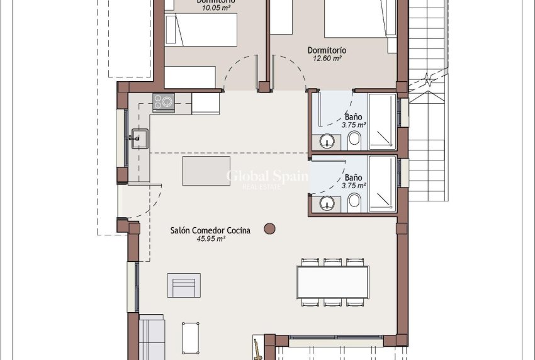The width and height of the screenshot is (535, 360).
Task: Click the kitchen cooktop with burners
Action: click(164, 101)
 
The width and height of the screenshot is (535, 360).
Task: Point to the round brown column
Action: click(270, 229)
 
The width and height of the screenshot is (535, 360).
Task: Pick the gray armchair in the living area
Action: click(184, 285)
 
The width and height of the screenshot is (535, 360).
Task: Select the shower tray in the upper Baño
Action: click(381, 122)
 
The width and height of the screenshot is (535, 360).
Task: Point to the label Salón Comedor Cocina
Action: click(210, 230)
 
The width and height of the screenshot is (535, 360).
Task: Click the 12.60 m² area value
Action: click(327, 59)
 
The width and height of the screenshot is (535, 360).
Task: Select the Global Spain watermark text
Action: click(267, 176)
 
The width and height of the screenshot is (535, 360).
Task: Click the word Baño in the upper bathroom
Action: click(354, 116)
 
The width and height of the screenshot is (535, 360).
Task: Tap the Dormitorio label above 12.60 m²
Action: click(327, 50)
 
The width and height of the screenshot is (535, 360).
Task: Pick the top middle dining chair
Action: click(332, 262)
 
